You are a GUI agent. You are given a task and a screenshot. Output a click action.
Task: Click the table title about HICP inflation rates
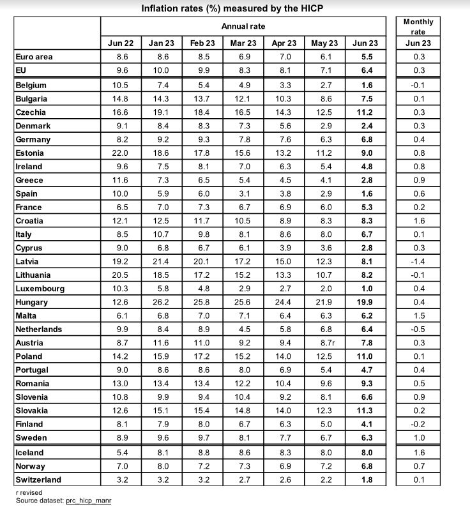pos(232,8)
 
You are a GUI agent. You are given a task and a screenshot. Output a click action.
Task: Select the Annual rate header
pos(243,26)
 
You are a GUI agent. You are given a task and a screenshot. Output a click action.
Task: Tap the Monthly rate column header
pos(418,26)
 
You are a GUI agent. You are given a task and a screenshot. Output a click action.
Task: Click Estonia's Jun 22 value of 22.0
pos(121,153)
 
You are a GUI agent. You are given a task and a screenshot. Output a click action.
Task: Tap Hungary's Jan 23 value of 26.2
pos(161,302)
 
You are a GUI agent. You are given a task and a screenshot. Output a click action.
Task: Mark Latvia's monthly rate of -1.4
pos(418,261)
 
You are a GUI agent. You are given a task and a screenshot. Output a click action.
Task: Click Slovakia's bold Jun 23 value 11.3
pos(365,411)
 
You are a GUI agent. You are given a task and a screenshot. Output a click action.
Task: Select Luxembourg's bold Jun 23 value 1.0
pos(365,289)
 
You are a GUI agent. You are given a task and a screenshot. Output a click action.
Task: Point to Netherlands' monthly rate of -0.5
pos(418,329)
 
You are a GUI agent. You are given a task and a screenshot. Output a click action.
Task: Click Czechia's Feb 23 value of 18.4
pos(202,112)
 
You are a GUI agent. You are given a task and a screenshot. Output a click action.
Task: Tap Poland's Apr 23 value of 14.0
pos(284,356)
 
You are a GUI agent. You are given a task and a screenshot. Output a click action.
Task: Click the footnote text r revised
pos(29,493)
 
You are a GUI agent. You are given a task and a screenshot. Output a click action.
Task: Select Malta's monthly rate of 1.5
pos(418,315)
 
